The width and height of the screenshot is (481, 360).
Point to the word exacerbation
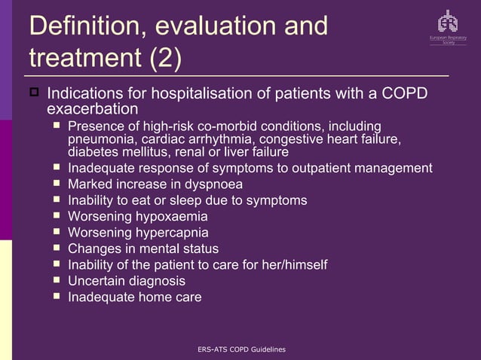click(x=93, y=110)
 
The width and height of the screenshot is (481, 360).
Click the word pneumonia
click(x=101, y=139)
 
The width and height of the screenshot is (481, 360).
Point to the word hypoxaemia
click(x=170, y=216)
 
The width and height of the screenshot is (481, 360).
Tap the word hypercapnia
click(x=170, y=232)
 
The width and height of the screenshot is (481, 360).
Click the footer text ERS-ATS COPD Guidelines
click(x=240, y=349)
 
